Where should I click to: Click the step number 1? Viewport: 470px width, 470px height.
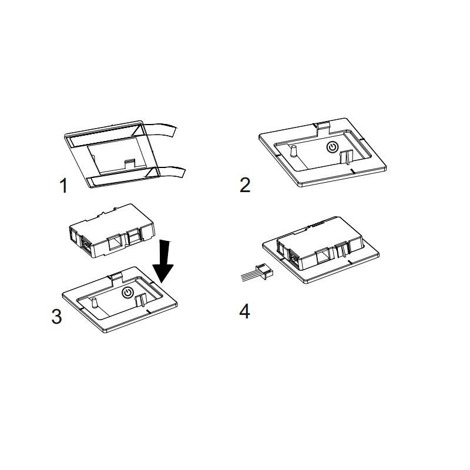point(63,186)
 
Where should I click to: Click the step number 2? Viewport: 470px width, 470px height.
point(245,186)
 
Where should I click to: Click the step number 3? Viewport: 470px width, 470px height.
point(56,316)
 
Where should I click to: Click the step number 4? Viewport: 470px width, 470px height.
point(244,312)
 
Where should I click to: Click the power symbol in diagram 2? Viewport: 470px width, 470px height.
point(333,147)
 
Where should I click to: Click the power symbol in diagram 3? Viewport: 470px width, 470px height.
point(127,292)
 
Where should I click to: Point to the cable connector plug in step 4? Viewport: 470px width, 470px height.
point(265,271)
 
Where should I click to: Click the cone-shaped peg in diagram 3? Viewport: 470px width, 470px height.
point(95,303)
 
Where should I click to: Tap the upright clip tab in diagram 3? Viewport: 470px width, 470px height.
point(141,300)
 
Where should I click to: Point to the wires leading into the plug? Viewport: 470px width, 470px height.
point(247,276)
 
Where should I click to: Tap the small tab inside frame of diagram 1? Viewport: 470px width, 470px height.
point(130,163)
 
